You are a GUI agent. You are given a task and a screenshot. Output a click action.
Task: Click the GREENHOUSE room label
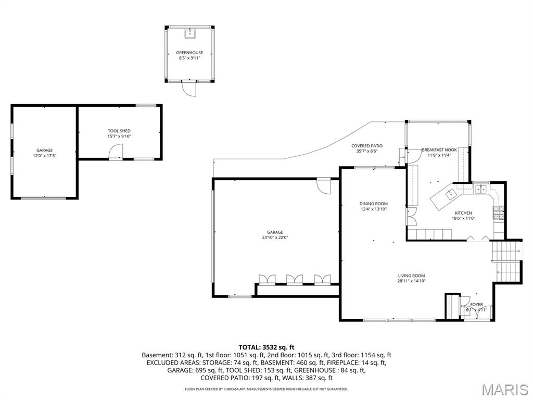coord(189,53)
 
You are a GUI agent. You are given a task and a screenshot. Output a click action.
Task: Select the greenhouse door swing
coord(189,90)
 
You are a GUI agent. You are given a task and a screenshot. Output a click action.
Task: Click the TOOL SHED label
coord(119,131)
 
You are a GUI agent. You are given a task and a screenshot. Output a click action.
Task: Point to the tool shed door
coord(116,152)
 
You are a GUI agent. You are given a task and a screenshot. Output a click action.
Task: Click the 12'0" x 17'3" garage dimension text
coord(44,156)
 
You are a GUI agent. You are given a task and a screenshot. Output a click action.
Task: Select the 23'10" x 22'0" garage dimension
coord(275,238)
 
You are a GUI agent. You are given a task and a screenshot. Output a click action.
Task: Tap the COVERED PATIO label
coord(367,146)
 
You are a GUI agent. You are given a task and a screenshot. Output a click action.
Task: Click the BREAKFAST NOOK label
coord(439,149)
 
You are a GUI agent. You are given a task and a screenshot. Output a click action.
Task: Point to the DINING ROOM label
coord(374,204)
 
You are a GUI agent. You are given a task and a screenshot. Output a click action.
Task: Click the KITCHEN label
coord(463,213)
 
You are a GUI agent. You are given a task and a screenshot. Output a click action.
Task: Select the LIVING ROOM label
coord(411,276)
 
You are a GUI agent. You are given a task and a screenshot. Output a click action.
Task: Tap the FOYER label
coord(476,304)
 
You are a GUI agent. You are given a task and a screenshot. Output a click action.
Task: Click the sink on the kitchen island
coord(450,194)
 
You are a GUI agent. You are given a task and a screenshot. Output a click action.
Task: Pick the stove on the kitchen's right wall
coord(498,213)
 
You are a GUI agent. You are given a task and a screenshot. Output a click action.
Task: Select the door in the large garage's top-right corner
coord(323,186)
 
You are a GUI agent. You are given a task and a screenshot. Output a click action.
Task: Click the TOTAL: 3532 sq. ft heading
coord(266,347)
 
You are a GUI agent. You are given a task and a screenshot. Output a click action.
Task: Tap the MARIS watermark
coord(504,390)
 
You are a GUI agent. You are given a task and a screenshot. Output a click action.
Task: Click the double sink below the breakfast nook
coord(480,189)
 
